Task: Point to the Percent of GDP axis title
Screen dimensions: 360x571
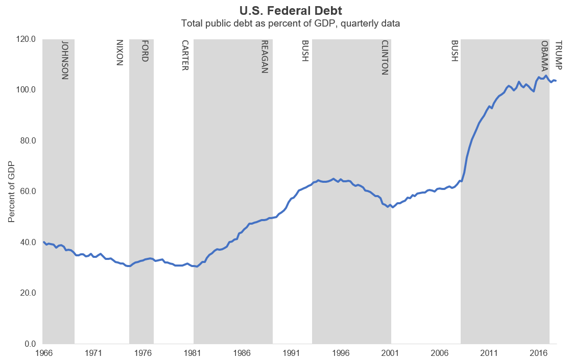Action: (11, 191)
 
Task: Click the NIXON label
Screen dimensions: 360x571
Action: (120, 53)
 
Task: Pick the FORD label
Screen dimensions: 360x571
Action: (145, 51)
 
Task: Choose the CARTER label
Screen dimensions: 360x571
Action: (185, 55)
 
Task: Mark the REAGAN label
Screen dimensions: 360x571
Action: (265, 57)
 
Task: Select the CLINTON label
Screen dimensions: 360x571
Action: (385, 57)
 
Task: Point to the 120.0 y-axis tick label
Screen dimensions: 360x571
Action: (25, 39)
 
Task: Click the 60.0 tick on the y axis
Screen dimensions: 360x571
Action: (27, 191)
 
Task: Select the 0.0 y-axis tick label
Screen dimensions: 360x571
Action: (29, 344)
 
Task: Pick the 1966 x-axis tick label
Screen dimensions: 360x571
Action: (43, 353)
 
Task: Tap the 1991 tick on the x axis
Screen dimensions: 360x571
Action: (291, 353)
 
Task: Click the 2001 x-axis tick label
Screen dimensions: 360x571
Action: (390, 353)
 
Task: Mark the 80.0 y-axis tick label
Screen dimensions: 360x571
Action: (27, 141)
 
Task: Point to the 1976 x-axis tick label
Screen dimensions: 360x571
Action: (142, 353)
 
